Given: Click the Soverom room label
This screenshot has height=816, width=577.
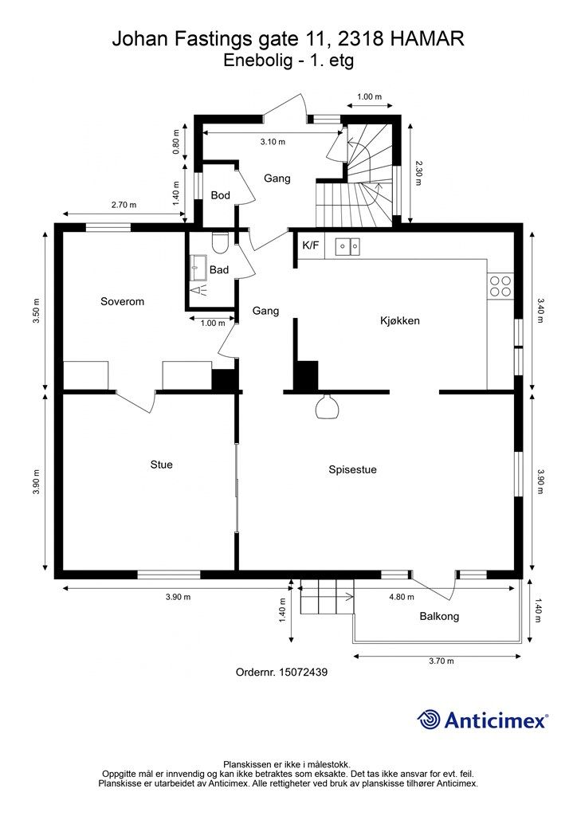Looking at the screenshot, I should tap(122, 301).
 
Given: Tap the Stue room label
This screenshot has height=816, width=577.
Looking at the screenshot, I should tap(161, 465).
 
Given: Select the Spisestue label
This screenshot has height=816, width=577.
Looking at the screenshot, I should tap(352, 470).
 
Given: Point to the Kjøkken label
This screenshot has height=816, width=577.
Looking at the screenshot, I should tap(399, 321).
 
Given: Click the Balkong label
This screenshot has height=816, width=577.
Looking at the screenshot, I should tap(439, 616).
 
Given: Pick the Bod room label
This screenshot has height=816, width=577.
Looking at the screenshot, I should tap(220, 195).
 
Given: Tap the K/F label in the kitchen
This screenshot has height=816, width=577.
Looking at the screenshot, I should tap(310, 245).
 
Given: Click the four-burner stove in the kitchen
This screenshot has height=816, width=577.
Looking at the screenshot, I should tap(500, 285).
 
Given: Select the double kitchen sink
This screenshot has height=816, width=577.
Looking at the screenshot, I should tap(347, 246).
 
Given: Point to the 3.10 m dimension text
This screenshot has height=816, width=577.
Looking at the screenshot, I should tap(273, 142).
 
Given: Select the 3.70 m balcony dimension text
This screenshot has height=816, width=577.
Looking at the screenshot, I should tap(441, 661).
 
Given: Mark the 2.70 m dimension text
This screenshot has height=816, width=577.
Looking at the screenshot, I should tap(124, 205).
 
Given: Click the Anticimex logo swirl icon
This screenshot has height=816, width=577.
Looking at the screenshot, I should tap(430, 720).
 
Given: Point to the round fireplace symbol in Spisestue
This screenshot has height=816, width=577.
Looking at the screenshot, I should tap(325, 407).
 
